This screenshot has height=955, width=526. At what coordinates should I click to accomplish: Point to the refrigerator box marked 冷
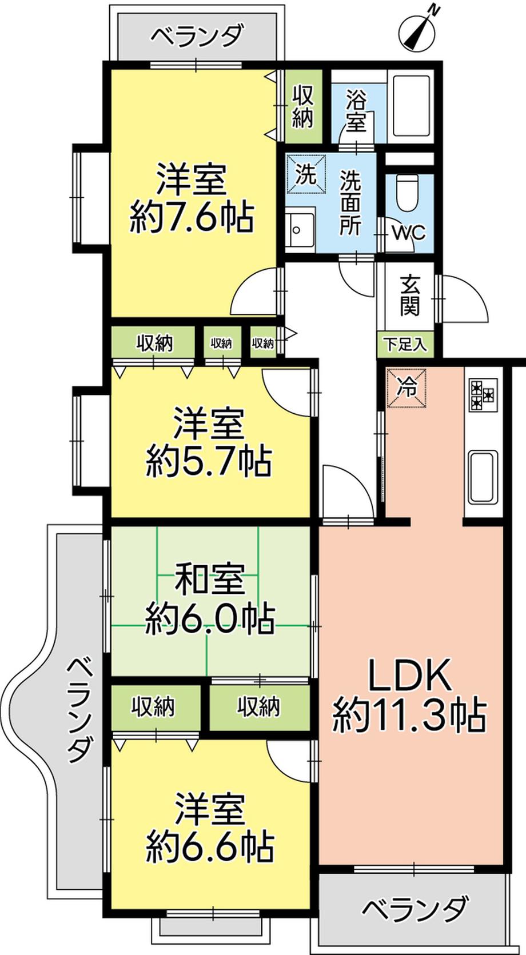(x=407, y=389)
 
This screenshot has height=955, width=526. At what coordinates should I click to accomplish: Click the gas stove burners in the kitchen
(x=483, y=395)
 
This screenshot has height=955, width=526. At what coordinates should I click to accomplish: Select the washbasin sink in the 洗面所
(x=300, y=230)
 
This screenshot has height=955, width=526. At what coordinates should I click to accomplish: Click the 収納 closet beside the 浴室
(x=303, y=106)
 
